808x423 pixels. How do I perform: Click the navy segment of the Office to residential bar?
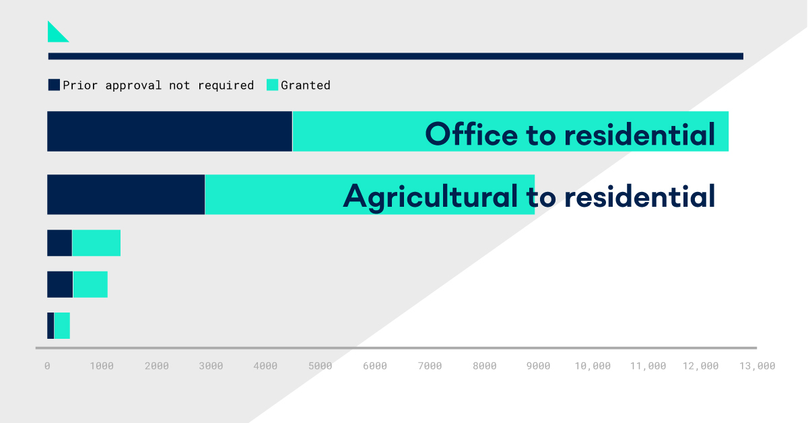pyautogui.click(x=170, y=131)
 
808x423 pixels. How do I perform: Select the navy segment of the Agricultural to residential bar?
pyautogui.click(x=126, y=195)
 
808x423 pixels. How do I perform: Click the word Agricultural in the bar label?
pyautogui.click(x=430, y=197)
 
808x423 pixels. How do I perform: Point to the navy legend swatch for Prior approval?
pyautogui.click(x=54, y=85)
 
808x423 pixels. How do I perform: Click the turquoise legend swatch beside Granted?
pyautogui.click(x=272, y=85)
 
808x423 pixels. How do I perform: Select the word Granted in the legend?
pyautogui.click(x=306, y=85)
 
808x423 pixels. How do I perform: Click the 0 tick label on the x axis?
pyautogui.click(x=47, y=366)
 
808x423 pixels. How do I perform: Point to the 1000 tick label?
pyautogui.click(x=102, y=366)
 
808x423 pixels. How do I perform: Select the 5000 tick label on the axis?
pyautogui.click(x=321, y=366)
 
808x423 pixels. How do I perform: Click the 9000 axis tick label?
pyautogui.click(x=538, y=366)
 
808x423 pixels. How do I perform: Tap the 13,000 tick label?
pyautogui.click(x=757, y=366)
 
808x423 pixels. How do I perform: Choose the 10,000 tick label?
pyautogui.click(x=593, y=366)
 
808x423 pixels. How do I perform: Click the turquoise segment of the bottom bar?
pyautogui.click(x=62, y=325)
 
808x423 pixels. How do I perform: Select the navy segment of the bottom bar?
pyautogui.click(x=50, y=325)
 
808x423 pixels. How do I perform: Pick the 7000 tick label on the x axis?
pyautogui.click(x=430, y=366)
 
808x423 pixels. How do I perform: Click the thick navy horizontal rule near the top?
pyautogui.click(x=396, y=57)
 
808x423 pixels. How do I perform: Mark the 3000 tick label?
pyautogui.click(x=211, y=366)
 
